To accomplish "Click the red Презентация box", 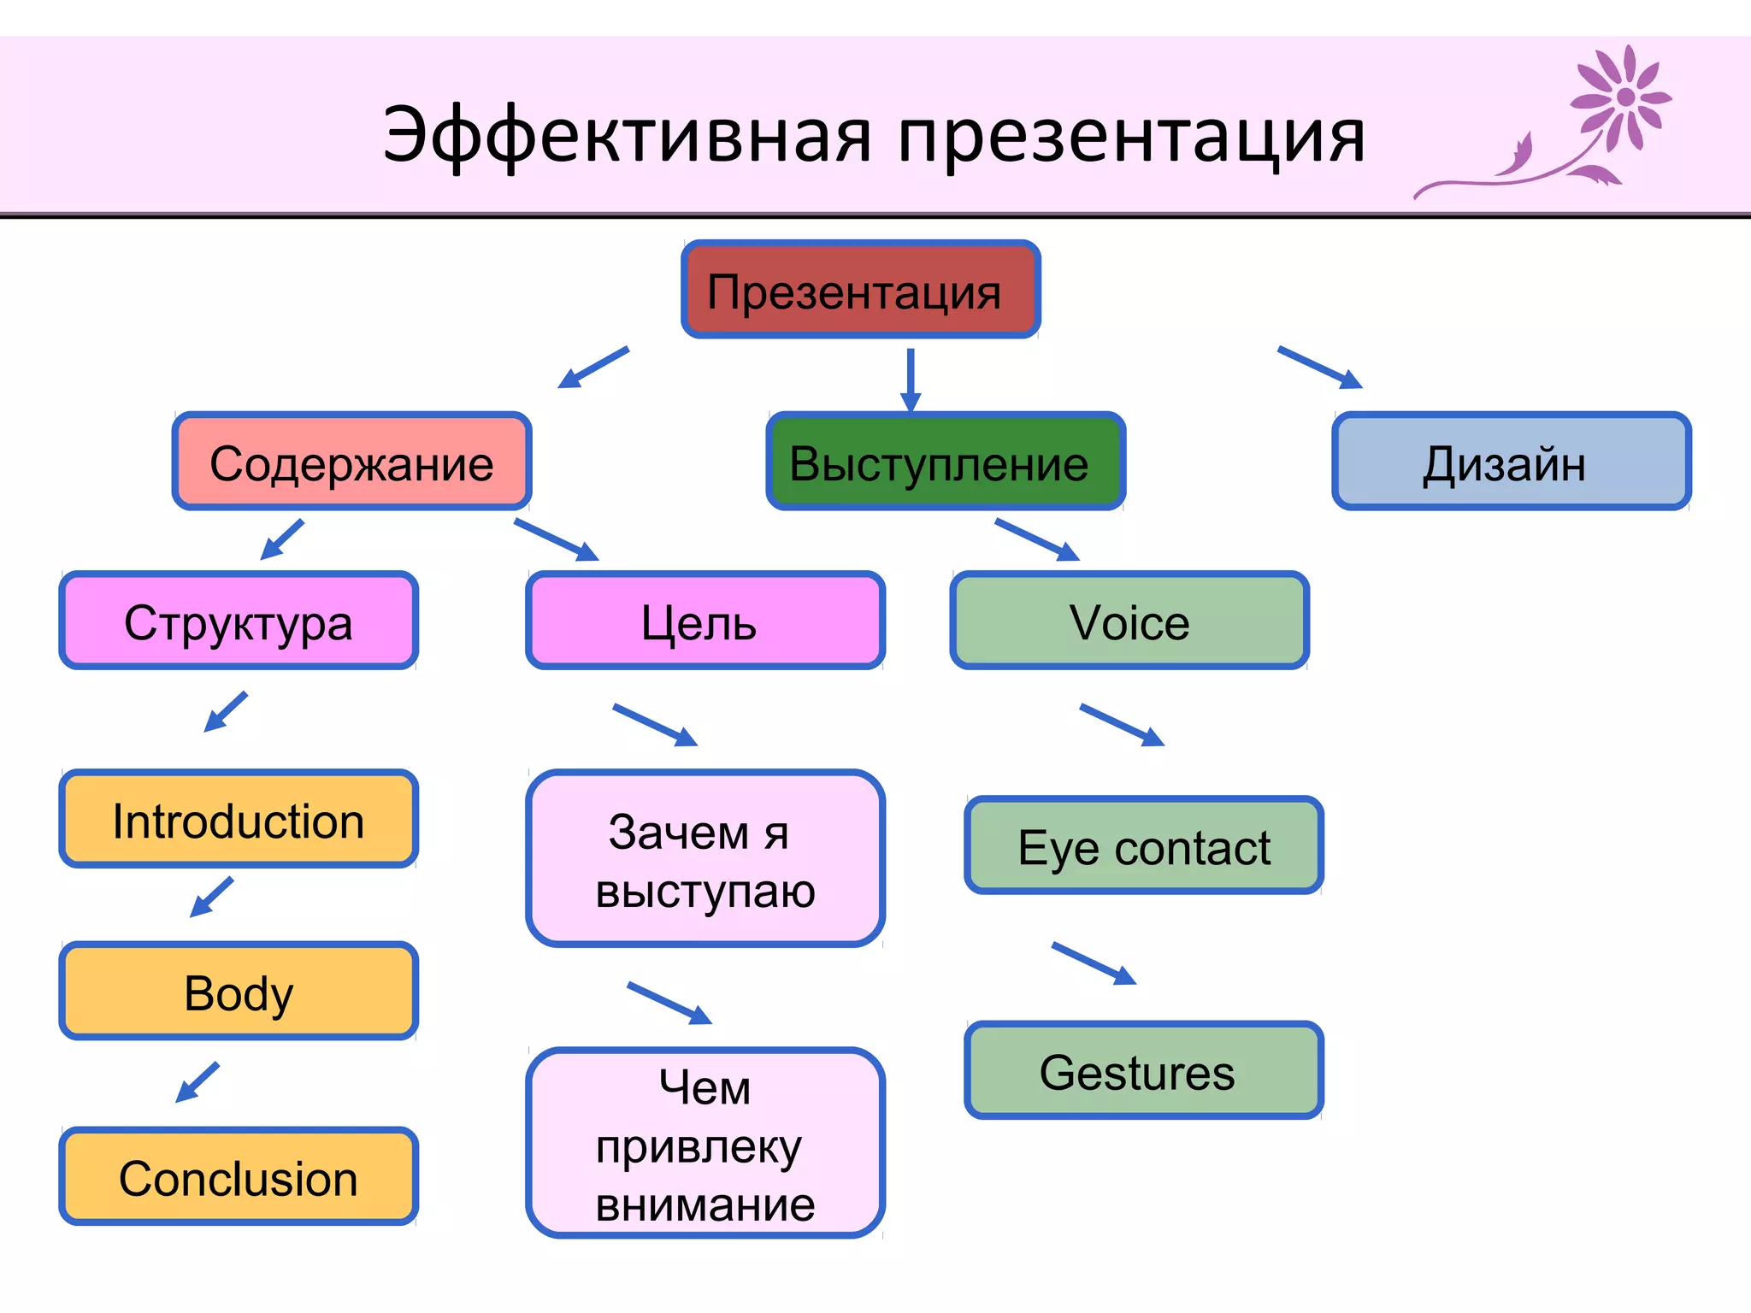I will tap(860, 290).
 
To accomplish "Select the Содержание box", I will tap(351, 462).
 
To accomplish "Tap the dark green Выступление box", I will tap(946, 462).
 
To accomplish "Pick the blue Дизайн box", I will tap(1511, 462).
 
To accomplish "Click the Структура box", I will tap(239, 621).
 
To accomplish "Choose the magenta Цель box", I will tap(705, 621).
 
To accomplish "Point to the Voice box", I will tap(1129, 621).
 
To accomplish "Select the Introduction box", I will tap(239, 819).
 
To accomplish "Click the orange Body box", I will tap(239, 992).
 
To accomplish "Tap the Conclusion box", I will tap(239, 1176).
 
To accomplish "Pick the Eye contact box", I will tap(1144, 846).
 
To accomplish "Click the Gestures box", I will tap(1144, 1070).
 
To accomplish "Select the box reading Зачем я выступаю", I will tap(705, 859).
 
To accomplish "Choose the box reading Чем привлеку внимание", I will tap(705, 1143).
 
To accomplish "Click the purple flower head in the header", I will tap(1623, 97).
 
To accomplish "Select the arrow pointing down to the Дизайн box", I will tap(1319, 367).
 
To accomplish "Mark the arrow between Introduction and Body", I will tap(212, 897).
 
